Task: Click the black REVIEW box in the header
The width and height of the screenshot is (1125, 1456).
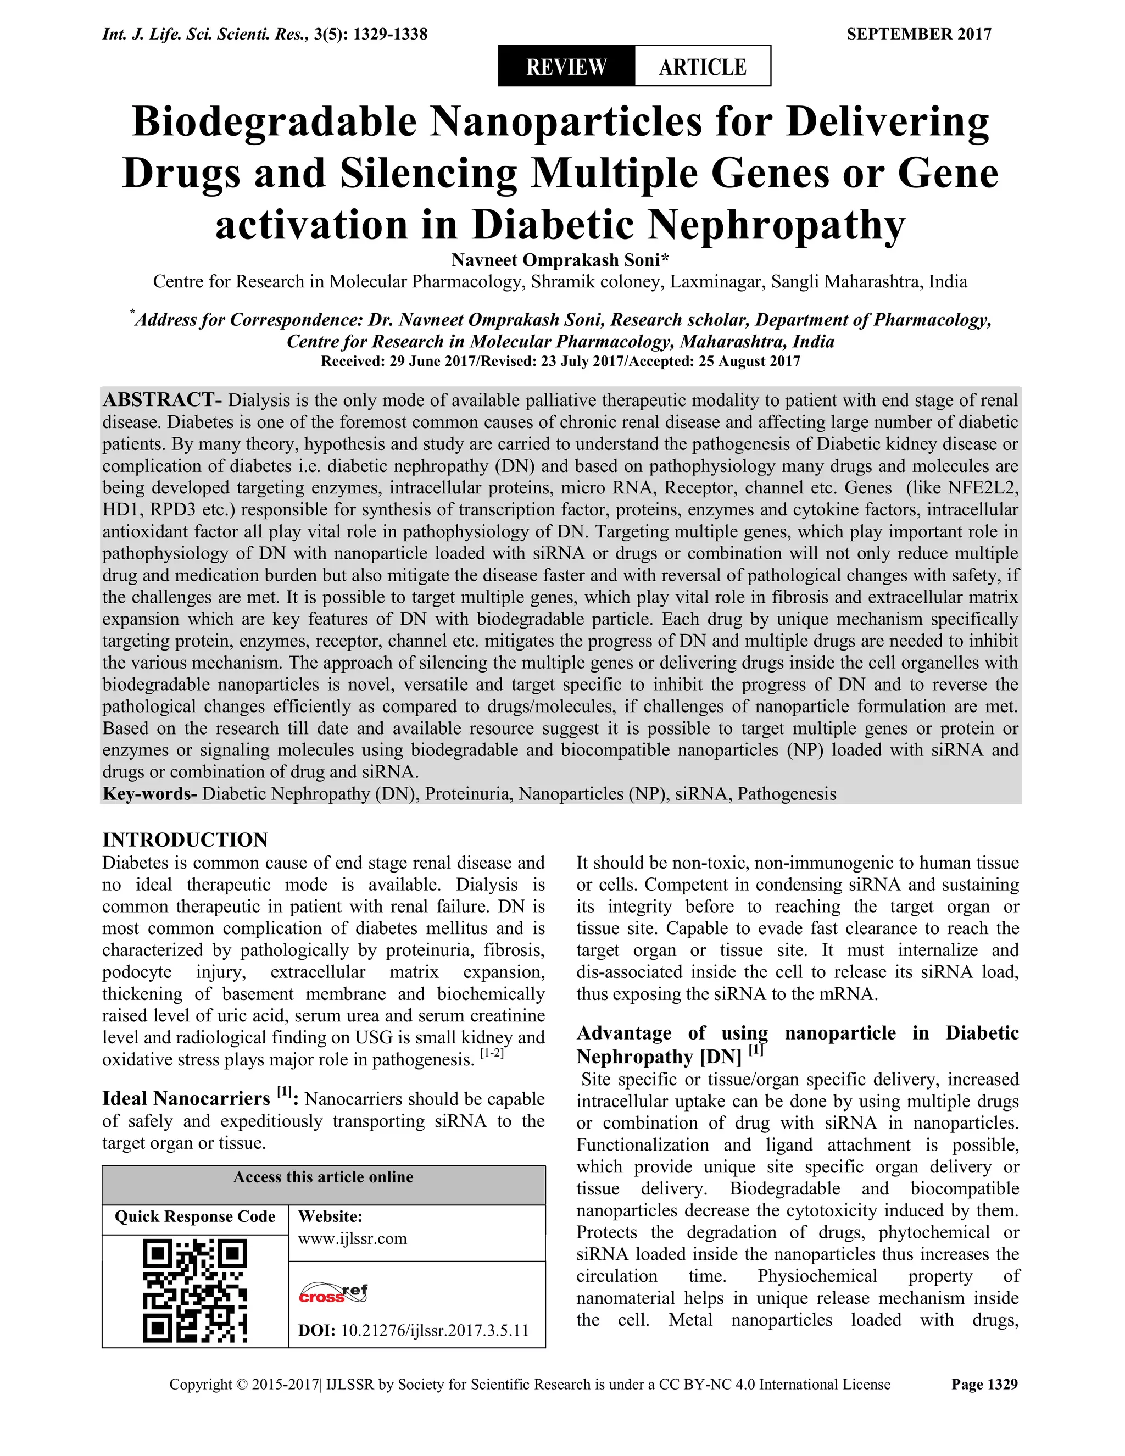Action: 566,66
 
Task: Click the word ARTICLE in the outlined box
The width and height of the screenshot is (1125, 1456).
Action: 703,66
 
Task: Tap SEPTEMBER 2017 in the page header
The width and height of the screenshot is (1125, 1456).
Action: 918,34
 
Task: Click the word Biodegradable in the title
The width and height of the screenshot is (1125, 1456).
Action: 274,122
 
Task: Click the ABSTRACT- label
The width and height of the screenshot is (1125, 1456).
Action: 162,400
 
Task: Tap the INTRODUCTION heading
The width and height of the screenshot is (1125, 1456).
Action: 185,840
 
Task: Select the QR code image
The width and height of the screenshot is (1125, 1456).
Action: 194,1290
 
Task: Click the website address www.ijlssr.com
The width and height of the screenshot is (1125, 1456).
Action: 352,1238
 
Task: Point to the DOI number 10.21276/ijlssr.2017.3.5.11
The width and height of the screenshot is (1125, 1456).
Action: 435,1331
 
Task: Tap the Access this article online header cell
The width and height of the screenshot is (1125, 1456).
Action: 323,1177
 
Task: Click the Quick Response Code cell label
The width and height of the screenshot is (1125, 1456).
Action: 194,1216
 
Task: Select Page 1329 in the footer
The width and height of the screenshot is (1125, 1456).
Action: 984,1384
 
